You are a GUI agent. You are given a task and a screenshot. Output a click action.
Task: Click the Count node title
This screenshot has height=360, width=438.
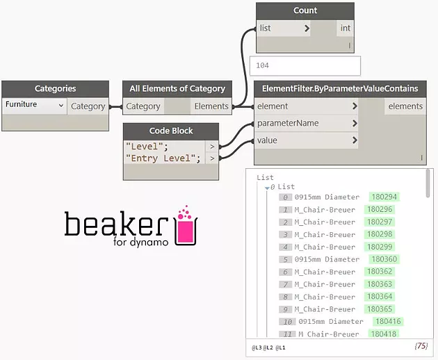(x=305, y=10)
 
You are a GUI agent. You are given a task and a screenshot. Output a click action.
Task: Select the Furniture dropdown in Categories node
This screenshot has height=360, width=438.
(x=34, y=106)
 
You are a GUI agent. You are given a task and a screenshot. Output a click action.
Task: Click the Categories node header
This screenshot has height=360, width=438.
(x=55, y=89)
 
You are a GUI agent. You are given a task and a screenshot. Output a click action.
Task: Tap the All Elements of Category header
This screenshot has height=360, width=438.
(x=177, y=89)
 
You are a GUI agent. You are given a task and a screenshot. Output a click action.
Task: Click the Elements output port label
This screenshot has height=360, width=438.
(x=211, y=106)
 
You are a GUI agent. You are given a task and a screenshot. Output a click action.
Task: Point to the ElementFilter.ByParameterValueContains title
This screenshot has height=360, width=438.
(x=340, y=89)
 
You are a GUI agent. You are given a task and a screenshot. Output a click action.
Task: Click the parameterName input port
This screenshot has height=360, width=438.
(x=288, y=123)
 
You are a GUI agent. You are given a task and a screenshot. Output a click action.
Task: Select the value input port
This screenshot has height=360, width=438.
(x=267, y=140)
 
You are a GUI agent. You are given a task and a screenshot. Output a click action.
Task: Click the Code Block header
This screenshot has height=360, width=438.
(x=170, y=131)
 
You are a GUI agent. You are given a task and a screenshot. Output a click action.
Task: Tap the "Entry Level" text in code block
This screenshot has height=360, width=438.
(x=163, y=158)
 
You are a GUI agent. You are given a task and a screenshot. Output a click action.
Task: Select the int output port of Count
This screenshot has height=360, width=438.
(x=345, y=28)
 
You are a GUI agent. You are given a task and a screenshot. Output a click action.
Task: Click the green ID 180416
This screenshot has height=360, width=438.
(x=388, y=322)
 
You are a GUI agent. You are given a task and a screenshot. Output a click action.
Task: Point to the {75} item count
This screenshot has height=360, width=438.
(x=420, y=345)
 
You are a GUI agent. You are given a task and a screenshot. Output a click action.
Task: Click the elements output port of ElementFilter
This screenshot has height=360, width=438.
(x=405, y=106)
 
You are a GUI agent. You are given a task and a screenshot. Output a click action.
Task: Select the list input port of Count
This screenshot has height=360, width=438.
(x=265, y=28)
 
